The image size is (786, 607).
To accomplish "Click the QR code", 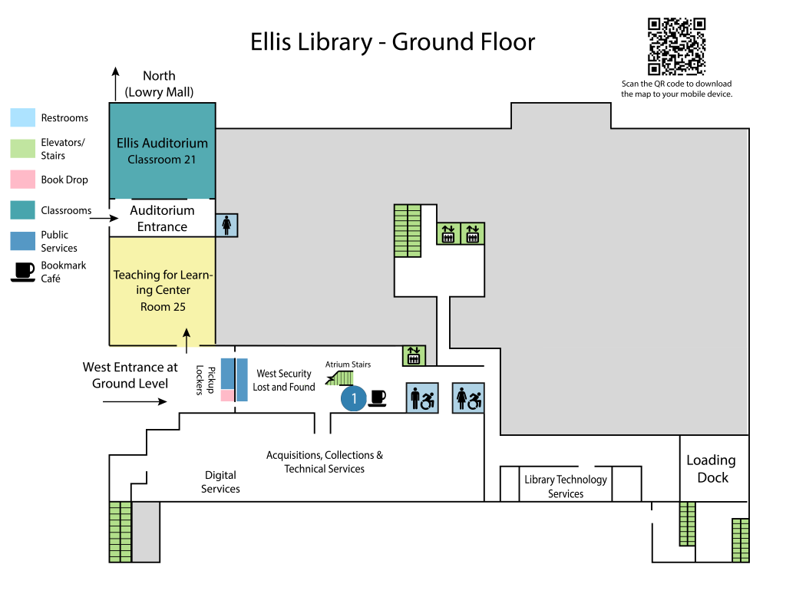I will tap(676, 46).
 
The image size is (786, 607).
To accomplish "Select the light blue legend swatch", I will tap(23, 117).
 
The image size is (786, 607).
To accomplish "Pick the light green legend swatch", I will tap(23, 148).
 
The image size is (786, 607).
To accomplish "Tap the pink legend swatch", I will tap(23, 180).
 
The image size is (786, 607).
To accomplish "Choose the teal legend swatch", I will tap(23, 210).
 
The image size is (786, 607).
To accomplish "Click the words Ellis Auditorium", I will tap(162, 143).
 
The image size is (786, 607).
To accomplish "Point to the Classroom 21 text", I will tap(162, 160).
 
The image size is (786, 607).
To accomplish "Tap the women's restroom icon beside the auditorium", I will tap(226, 225).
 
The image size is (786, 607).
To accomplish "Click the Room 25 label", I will tap(163, 307).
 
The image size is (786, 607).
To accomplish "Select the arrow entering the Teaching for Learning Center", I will tap(186, 337).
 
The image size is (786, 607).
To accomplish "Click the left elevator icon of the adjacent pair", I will tap(448, 233).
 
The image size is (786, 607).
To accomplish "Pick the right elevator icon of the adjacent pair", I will tap(472, 233).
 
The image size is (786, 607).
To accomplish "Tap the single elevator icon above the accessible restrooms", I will tap(414, 356).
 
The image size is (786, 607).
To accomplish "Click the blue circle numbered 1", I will tap(354, 398).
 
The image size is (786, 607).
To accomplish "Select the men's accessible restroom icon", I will tap(422, 398).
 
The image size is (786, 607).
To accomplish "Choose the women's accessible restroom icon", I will tap(468, 398).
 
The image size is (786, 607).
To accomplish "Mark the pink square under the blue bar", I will tap(227, 396).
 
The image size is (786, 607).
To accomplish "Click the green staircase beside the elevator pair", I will tap(408, 230).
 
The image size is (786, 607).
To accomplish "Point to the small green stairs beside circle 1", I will tap(341, 378).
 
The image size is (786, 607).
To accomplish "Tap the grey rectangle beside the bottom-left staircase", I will tap(146, 532).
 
